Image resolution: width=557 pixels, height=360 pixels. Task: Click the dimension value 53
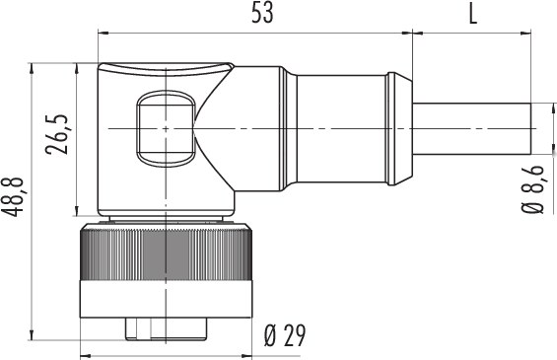click(x=262, y=14)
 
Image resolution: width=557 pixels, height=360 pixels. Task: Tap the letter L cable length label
click(x=473, y=14)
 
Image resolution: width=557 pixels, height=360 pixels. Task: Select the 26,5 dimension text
click(x=57, y=134)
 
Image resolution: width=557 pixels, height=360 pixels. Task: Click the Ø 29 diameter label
click(x=285, y=335)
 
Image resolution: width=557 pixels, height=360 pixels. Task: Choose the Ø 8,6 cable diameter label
click(x=532, y=189)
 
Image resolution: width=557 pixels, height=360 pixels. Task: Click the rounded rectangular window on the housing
click(x=166, y=128)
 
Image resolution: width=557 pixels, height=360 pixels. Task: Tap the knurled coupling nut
click(x=166, y=252)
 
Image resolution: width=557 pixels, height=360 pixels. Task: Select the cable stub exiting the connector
click(x=471, y=128)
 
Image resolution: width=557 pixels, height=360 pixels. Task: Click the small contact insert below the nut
click(x=166, y=329)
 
